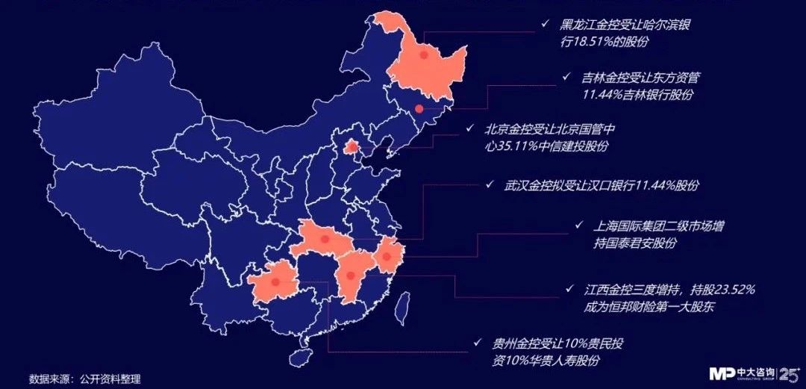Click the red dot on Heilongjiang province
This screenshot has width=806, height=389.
pyautogui.click(x=423, y=55)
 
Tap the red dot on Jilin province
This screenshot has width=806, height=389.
pyautogui.click(x=419, y=109)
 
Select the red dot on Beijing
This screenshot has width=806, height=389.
pyautogui.click(x=350, y=147)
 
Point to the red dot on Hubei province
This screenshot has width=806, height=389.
pyautogui.click(x=325, y=240)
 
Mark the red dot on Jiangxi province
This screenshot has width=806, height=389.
pyautogui.click(x=350, y=276)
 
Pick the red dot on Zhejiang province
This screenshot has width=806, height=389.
pyautogui.click(x=387, y=258)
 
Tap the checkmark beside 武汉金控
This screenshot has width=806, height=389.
pyautogui.click(x=490, y=184)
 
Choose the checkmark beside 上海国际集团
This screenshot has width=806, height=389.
pyautogui.click(x=578, y=225)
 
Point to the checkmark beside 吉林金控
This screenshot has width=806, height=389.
pyautogui.click(x=568, y=77)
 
